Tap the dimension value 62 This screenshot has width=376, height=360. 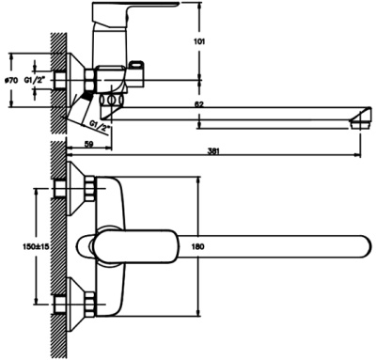[198, 104]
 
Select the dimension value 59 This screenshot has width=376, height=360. [89, 144]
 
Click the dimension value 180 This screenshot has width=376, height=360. [197, 247]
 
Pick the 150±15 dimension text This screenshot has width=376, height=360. [36, 246]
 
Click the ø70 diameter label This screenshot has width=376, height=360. [10, 81]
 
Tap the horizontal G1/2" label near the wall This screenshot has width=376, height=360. [35, 80]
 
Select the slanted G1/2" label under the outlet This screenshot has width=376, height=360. [99, 126]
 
